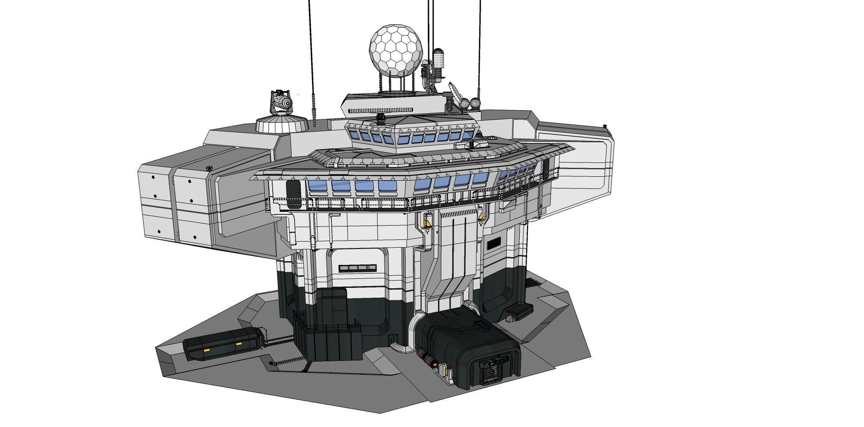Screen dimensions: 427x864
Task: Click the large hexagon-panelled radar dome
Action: (x=395, y=48)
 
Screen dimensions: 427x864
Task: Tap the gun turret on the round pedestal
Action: (x=281, y=103)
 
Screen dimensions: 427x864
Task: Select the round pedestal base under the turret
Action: (x=282, y=124)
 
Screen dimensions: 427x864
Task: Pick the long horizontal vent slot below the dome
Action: (x=380, y=110)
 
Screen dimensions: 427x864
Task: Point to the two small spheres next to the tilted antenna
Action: (x=470, y=103)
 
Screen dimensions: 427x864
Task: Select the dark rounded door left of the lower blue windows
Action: (x=293, y=194)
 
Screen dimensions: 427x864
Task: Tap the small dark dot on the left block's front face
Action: (x=153, y=177)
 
